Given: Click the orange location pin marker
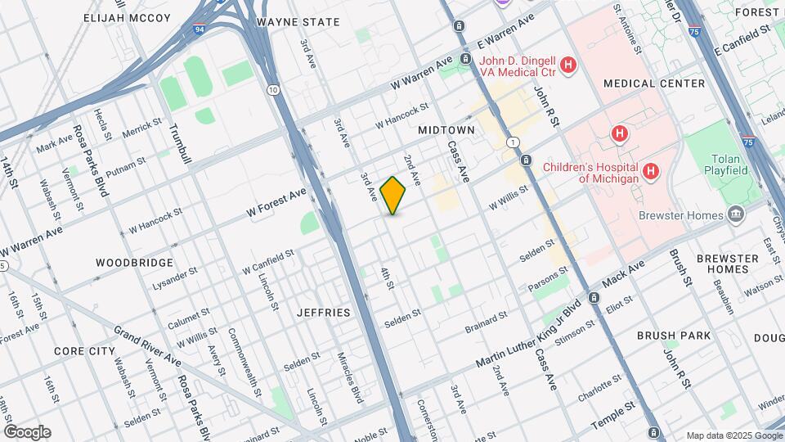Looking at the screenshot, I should [x=393, y=195].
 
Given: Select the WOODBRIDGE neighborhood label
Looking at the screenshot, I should [x=134, y=263].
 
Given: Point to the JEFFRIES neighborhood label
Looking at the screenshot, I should [x=323, y=313].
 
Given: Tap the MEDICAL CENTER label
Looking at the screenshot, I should [x=654, y=83].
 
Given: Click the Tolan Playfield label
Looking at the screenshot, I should [x=726, y=163].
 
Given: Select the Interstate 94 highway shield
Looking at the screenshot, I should [x=200, y=29].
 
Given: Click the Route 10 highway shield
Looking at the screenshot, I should [x=272, y=89].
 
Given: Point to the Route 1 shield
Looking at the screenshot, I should [x=512, y=142].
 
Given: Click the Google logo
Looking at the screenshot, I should [x=27, y=432].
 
